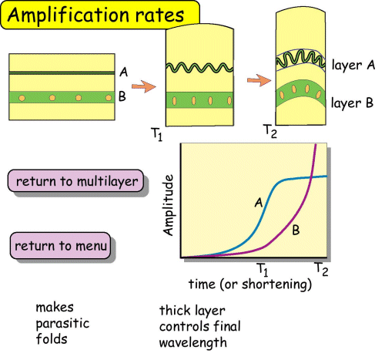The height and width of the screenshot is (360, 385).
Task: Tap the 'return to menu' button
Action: coord(61,247)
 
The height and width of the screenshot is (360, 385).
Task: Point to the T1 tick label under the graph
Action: coord(262,270)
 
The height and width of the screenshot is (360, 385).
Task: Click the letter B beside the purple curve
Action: coord(294,229)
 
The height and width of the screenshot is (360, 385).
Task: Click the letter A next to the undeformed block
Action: coord(123,72)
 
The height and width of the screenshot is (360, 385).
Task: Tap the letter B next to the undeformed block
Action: coord(123,98)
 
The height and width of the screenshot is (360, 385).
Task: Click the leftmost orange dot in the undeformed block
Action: coord(25,98)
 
